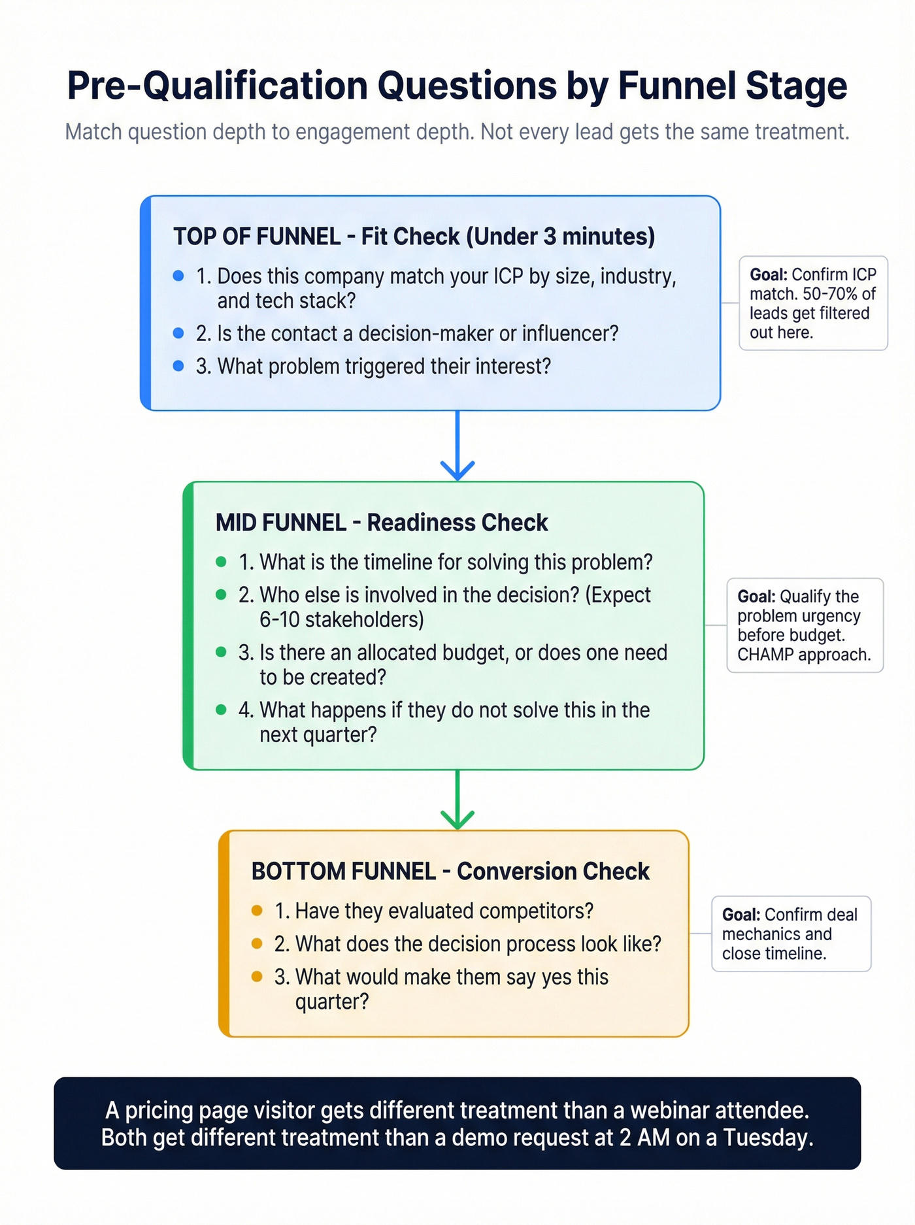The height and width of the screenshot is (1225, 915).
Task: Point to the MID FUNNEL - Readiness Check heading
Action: pos(382,523)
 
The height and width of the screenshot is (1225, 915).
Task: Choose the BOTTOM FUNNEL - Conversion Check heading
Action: pos(450,872)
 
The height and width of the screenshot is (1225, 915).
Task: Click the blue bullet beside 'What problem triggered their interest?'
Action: pos(178,366)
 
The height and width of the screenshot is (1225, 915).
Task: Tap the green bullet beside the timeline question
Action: pos(221,562)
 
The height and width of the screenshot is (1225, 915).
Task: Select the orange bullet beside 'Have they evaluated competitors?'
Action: pos(257,911)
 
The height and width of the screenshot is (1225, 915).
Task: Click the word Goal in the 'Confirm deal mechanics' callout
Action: pos(740,915)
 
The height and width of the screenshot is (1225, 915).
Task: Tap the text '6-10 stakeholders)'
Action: pos(341,619)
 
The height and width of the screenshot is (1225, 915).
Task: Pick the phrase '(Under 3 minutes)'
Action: pos(560,237)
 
